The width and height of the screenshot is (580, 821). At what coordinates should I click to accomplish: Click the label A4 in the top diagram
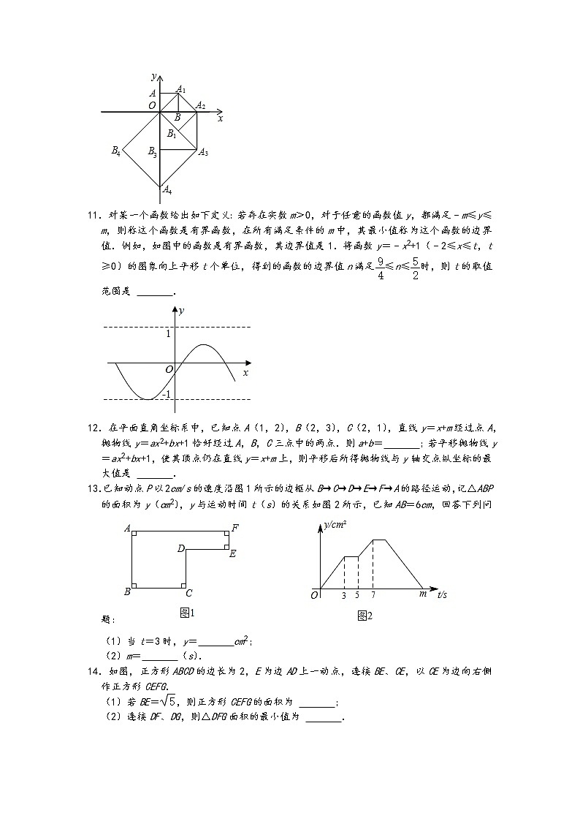tap(167, 190)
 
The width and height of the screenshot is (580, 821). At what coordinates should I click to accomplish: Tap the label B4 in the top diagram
tap(115, 151)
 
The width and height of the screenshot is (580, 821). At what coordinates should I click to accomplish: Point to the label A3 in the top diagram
tap(204, 153)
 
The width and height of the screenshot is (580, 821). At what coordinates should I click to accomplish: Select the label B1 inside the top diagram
tap(172, 133)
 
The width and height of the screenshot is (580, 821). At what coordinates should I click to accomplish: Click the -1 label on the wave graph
tap(166, 395)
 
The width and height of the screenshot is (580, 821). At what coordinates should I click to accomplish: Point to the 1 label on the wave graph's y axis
tap(167, 334)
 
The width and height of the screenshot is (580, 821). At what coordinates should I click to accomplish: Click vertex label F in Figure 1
tap(234, 527)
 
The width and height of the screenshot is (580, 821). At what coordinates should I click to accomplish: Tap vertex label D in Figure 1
tap(180, 548)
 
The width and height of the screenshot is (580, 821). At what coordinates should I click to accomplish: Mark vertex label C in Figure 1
tap(188, 593)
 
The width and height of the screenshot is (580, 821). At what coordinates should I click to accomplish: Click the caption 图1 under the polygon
tap(187, 612)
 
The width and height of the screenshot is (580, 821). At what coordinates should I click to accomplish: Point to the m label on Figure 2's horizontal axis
tap(422, 594)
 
